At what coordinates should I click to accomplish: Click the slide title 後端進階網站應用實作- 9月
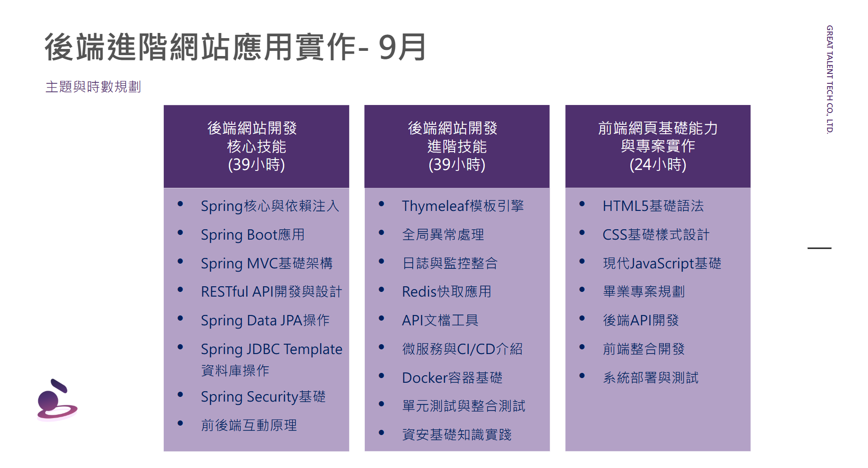tap(235, 47)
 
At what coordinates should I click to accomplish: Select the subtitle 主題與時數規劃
tap(93, 87)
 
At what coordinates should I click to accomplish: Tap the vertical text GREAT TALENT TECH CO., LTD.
tap(829, 80)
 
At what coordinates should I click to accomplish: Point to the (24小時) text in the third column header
tap(658, 164)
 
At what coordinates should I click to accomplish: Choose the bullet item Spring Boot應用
tap(252, 234)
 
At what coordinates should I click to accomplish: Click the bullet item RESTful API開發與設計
tap(271, 291)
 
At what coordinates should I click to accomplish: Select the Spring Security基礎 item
tap(263, 396)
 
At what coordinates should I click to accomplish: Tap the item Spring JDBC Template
tap(272, 349)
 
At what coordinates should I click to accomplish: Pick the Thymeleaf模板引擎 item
tap(463, 206)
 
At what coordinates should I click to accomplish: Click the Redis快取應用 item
tap(446, 291)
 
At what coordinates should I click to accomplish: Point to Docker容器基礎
tap(452, 378)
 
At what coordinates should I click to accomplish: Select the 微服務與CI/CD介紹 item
tap(462, 349)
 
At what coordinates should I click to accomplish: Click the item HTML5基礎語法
tap(653, 206)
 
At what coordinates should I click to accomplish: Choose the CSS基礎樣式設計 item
tap(656, 234)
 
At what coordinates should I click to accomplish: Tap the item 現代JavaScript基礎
tap(662, 263)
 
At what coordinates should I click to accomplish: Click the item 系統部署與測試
tap(651, 378)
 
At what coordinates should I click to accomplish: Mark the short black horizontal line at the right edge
tap(820, 248)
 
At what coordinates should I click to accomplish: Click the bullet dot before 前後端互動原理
tap(180, 423)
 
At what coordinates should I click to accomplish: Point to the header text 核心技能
tap(256, 146)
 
